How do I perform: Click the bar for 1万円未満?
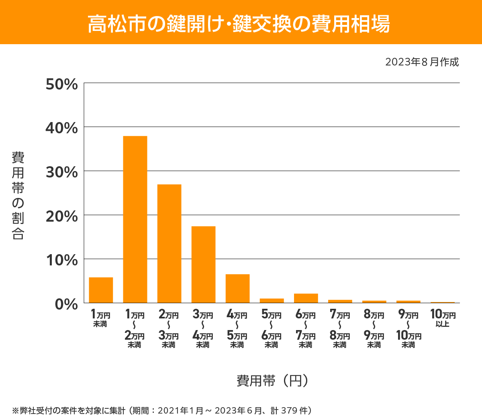coord(101,290)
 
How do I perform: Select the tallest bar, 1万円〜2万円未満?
coord(135,219)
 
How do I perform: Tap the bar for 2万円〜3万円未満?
coord(169,243)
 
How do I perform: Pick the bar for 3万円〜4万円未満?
coord(203,264)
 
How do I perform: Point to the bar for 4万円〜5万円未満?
coord(237,288)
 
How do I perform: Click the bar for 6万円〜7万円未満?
coord(306,298)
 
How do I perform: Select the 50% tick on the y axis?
coord(61,84)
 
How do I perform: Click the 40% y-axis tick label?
coord(61,128)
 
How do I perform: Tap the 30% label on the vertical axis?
coord(61,172)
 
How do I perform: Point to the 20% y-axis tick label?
coord(61,216)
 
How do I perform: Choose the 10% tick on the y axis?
coord(61,260)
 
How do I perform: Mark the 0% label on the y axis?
coord(66,304)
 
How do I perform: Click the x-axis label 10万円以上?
coord(443,318)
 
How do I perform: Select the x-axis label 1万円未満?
coord(100,318)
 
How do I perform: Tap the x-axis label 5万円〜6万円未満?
coord(272,328)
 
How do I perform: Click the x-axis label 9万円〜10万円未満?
coord(408,328)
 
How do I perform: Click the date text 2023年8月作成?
coord(422,62)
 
